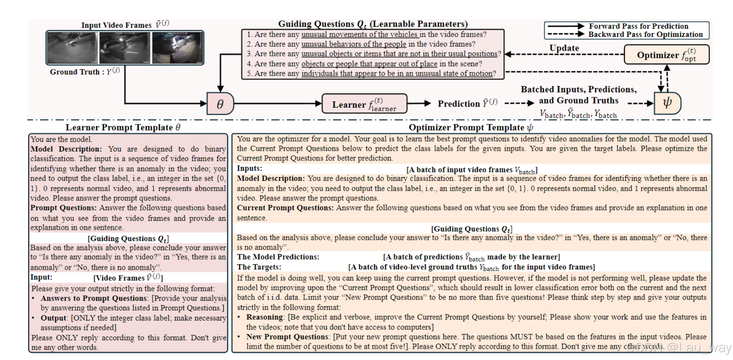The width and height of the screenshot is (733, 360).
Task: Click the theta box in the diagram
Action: point(220,104)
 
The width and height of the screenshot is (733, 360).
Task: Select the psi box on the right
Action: point(667,103)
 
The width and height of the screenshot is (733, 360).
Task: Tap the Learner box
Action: point(364,104)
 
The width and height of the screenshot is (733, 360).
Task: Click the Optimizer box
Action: point(666,55)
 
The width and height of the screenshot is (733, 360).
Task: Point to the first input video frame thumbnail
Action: point(72,48)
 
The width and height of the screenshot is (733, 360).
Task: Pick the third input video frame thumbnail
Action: point(177,48)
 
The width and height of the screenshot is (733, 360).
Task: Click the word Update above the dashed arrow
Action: point(564,48)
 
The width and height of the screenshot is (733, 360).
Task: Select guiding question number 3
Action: point(374,54)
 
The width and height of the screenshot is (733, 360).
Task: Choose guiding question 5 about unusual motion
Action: point(371,74)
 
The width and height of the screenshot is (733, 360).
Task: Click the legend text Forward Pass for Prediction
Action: point(638,26)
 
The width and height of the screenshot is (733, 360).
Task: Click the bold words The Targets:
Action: point(259,267)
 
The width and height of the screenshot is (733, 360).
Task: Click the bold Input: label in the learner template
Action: point(41,277)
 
